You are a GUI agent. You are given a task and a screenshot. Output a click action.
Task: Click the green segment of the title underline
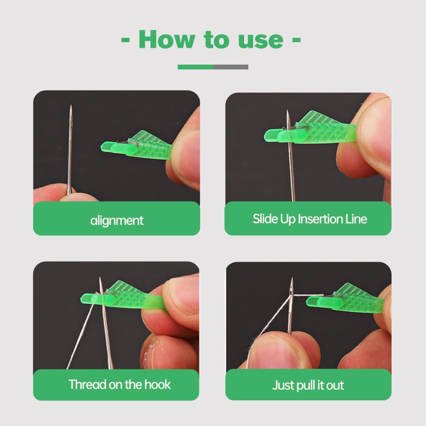click(195, 67)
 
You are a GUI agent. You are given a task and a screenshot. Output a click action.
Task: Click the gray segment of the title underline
click(230, 67)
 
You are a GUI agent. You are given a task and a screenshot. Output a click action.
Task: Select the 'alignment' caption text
click(117, 220)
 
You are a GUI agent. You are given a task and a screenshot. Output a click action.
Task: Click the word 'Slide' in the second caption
click(265, 219)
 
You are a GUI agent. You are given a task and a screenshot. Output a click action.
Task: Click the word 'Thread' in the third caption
click(87, 384)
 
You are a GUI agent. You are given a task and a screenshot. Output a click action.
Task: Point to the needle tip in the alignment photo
click(71, 107)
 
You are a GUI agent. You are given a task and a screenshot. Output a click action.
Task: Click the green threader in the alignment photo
click(141, 145)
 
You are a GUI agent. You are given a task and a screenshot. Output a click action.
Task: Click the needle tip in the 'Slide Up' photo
click(288, 112)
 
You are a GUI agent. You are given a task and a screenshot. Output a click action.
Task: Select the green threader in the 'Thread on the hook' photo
click(124, 296)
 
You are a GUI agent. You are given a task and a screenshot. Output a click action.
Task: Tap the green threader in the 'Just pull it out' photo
click(345, 300)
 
